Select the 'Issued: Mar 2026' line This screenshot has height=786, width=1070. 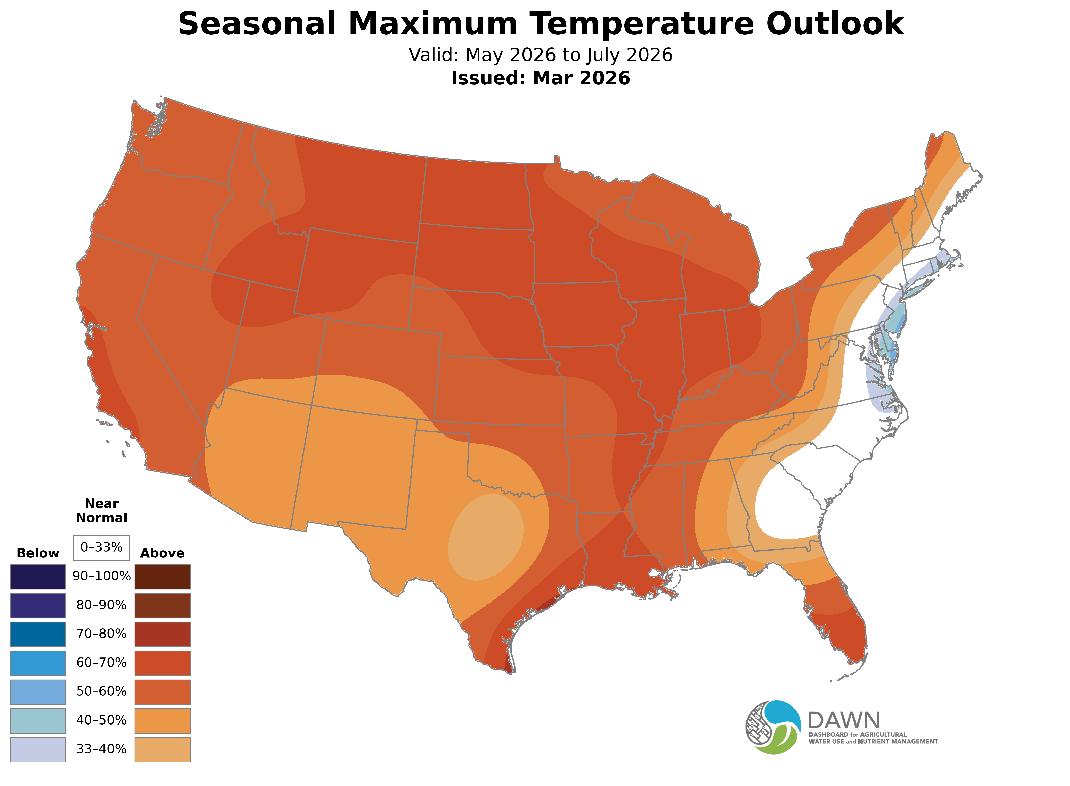pos(540,78)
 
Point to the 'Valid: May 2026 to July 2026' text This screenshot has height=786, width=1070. pos(540,55)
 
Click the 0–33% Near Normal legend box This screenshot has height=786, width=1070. pos(101,547)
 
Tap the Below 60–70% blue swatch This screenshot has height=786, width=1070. pos(38,663)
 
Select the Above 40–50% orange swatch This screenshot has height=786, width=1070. pos(162,720)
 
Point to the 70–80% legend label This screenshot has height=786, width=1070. pos(101,634)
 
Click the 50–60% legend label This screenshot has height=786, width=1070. pos(101,691)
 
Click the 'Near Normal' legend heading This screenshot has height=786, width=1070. pos(101,511)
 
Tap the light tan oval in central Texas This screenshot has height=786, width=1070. pos(486,537)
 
